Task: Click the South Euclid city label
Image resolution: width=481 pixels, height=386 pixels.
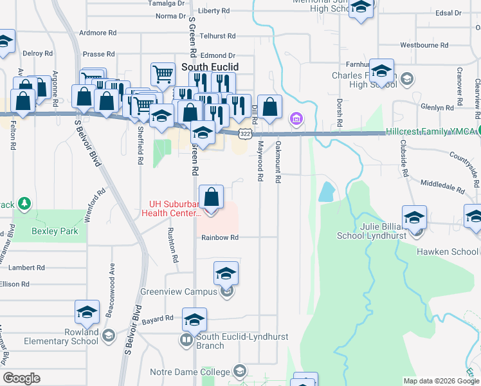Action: pyautogui.click(x=210, y=67)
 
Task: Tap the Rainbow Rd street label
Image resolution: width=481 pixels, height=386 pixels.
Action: pyautogui.click(x=220, y=237)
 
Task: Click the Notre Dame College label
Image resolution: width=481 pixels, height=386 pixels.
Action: pyautogui.click(x=199, y=372)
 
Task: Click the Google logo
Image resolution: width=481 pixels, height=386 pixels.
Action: pyautogui.click(x=21, y=378)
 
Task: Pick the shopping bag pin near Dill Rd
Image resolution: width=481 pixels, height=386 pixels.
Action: pyautogui.click(x=271, y=107)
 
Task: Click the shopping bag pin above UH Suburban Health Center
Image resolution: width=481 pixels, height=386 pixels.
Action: pyautogui.click(x=212, y=197)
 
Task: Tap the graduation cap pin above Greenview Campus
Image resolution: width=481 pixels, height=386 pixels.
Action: pyautogui.click(x=226, y=273)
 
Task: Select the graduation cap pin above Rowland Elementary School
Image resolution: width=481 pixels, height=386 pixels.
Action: pyautogui.click(x=87, y=313)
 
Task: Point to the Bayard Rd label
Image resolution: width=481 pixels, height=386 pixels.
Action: pyautogui.click(x=158, y=318)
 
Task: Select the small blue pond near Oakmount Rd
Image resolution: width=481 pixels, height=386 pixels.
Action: pyautogui.click(x=326, y=190)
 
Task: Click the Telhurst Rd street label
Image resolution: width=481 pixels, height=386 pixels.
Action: pyautogui.click(x=218, y=36)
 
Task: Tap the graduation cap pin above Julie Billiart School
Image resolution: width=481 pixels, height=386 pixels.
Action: pyautogui.click(x=415, y=218)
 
